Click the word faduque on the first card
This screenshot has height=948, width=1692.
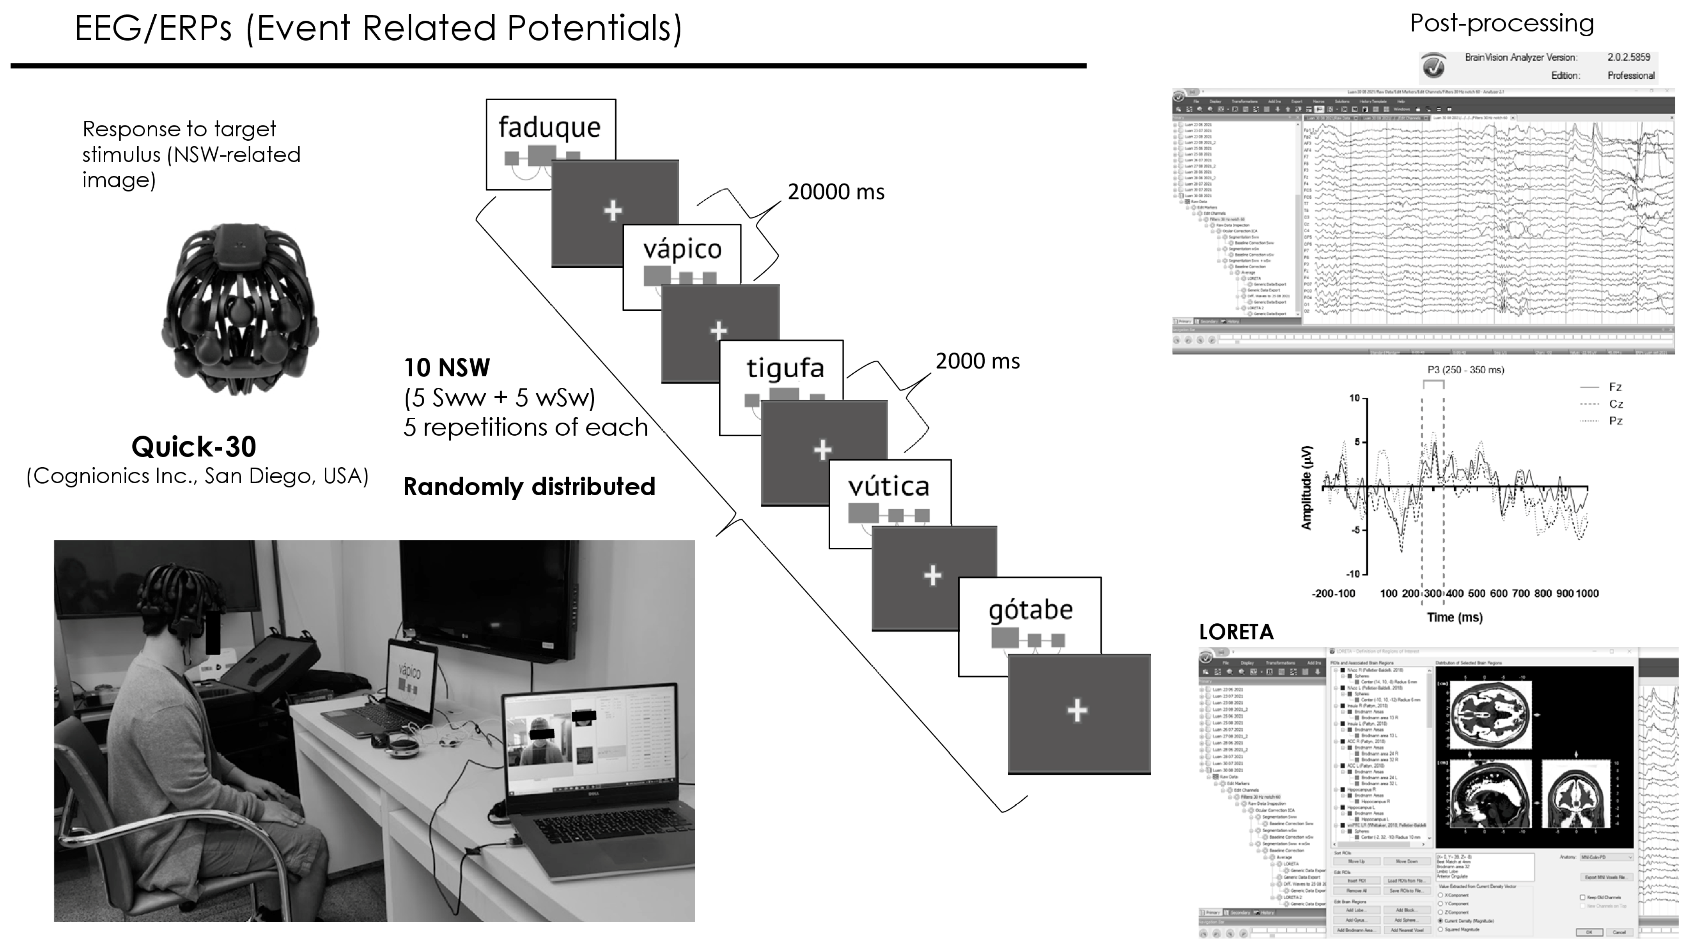549,127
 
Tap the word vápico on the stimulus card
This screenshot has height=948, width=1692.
682,249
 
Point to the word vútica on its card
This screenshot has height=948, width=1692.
889,487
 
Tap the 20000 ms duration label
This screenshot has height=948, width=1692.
836,192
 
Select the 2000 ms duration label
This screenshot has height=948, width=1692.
977,361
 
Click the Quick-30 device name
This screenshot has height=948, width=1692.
194,447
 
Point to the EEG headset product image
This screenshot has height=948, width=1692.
240,309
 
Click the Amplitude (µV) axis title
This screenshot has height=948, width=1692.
1306,487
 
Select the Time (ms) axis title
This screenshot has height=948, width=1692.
1454,617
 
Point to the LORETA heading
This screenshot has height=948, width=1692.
1235,632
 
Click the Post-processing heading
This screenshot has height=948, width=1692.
1502,24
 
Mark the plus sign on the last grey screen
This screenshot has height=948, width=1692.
1077,710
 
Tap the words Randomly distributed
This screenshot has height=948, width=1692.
529,487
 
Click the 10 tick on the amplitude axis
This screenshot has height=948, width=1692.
1354,398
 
